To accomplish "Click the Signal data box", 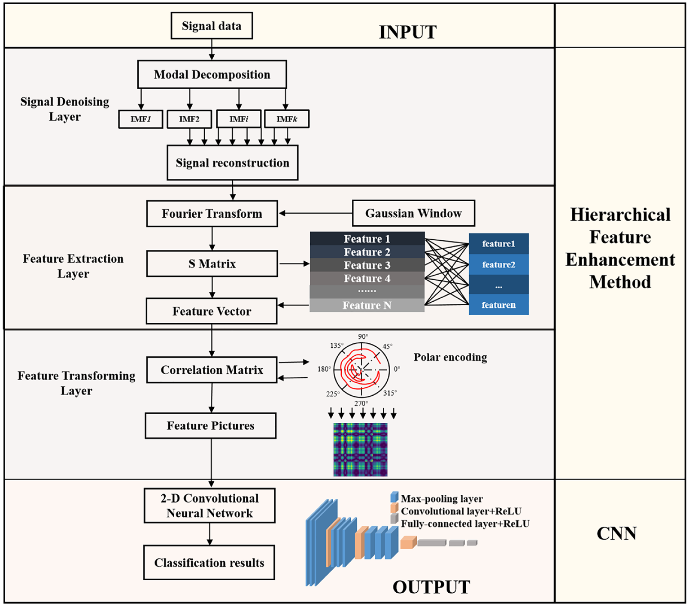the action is (212, 26).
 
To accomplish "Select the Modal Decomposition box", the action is (212, 74).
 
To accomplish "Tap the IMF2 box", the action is (189, 119).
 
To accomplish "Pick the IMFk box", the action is (287, 119).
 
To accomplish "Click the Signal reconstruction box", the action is (232, 163).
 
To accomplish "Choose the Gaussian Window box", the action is (413, 213).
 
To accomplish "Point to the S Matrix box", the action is (212, 264).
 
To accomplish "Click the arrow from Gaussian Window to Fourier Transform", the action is (316, 213).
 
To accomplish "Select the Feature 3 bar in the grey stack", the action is (367, 265).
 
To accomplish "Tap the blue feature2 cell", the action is (498, 264).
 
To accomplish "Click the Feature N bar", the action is (367, 305).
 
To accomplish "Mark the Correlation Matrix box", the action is (212, 370).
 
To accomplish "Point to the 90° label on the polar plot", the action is (363, 336).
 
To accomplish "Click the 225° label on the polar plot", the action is (333, 394).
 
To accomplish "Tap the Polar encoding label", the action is (450, 357).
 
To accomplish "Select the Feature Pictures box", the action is (211, 425).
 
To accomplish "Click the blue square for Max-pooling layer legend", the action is (394, 497).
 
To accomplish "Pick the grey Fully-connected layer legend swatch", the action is (394, 519).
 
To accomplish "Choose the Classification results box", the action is (209, 563).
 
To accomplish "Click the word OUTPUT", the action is (431, 587).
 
